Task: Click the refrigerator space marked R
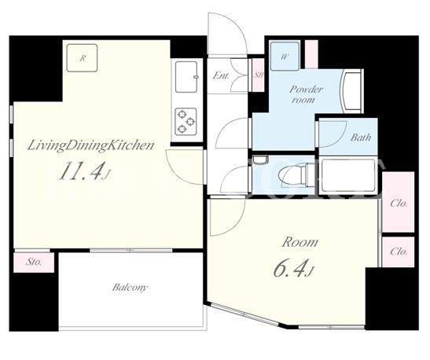[83, 58]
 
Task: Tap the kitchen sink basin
[186, 77]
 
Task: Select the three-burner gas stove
[186, 121]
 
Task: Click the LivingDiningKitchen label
[90, 145]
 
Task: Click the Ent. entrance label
[221, 75]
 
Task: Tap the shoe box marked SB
[258, 75]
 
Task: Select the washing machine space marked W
[285, 57]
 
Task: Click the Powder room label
[306, 94]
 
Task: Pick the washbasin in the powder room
[351, 91]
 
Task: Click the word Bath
[361, 137]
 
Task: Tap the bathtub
[348, 176]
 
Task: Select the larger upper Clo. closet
[399, 202]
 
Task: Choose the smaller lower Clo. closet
[399, 252]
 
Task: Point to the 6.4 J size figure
[293, 267]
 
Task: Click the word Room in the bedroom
[300, 242]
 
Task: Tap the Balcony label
[130, 288]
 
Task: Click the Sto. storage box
[34, 262]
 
